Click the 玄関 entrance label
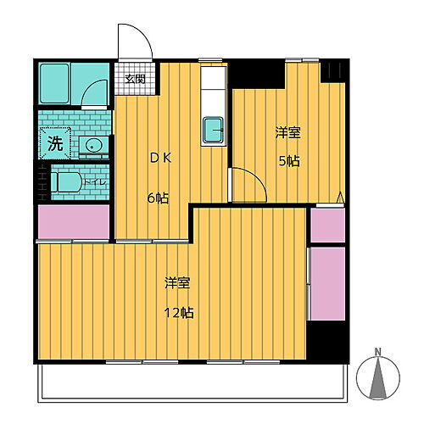(135, 81)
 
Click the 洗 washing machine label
(54, 142)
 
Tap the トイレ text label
(95, 181)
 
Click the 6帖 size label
(159, 198)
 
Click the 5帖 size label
(288, 161)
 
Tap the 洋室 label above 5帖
(287, 133)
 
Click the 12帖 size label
(181, 313)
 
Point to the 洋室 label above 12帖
(177, 283)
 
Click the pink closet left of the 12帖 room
(73, 223)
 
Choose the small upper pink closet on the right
(327, 225)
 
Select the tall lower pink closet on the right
(327, 282)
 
